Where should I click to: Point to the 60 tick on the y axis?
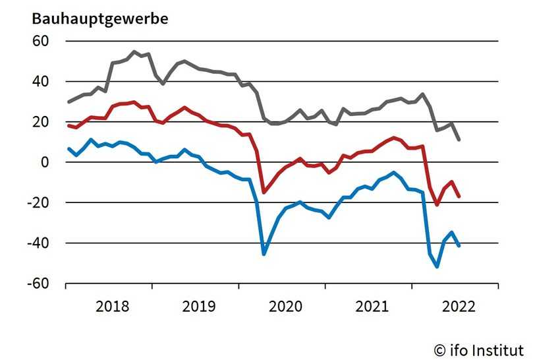coord(40,41)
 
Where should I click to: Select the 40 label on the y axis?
coord(40,82)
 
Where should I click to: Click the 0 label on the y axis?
coord(45,162)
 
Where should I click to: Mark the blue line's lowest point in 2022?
coord(437,266)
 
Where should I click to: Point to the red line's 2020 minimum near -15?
coord(264,193)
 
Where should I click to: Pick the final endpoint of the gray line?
coord(459,140)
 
